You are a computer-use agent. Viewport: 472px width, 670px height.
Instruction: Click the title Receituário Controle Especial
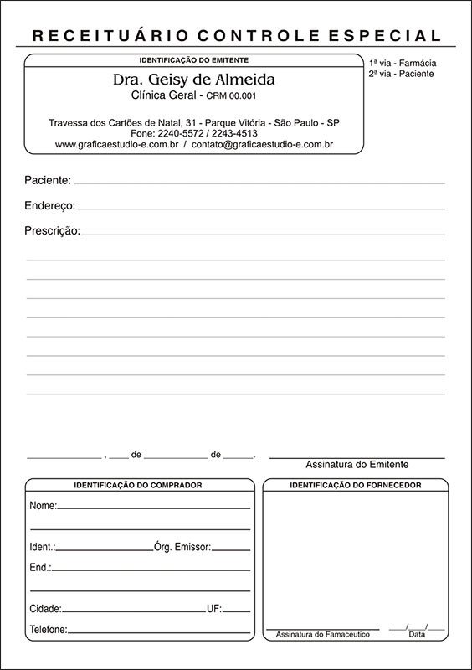236,35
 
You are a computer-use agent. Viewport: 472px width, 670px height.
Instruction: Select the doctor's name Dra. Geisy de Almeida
193,80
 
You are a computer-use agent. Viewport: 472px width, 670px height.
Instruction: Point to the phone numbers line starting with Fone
193,133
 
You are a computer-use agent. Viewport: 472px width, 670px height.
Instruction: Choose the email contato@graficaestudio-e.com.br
262,144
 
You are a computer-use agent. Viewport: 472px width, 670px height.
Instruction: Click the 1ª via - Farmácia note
403,63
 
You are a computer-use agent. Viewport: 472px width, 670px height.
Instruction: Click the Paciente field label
48,180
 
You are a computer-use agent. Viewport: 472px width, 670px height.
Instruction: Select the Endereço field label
50,205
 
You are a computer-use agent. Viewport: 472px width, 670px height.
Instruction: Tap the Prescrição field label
53,230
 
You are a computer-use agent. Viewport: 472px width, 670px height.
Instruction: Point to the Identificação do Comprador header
138,485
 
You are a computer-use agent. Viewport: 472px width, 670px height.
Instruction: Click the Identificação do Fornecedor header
355,485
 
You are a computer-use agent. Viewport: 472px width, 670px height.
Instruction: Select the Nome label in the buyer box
43,506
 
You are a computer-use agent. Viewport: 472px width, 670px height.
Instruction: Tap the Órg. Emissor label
182,546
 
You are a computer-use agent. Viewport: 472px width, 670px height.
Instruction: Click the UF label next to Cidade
213,608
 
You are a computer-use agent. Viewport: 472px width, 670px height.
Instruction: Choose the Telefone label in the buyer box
49,629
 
